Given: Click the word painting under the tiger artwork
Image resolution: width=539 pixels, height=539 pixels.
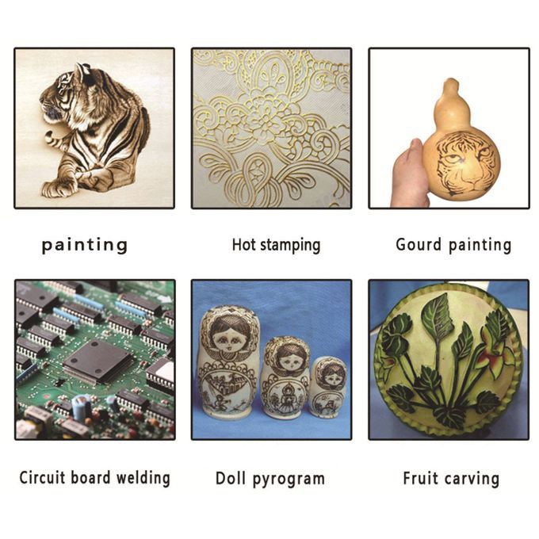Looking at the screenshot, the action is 85,246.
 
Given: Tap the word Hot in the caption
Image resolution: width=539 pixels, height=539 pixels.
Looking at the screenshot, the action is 243,245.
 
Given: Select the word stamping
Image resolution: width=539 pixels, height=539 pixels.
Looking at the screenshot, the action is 290,246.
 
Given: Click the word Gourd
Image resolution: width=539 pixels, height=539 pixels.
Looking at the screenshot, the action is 419,245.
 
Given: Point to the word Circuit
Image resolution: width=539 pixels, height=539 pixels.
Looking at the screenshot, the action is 42,477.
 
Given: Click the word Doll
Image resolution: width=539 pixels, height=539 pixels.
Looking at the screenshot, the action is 231,478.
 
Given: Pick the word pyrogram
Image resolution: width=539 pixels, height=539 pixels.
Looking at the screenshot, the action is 289,480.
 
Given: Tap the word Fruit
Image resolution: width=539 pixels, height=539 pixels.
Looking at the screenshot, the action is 420,478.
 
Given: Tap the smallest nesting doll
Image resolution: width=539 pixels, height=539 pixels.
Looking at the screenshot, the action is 327,386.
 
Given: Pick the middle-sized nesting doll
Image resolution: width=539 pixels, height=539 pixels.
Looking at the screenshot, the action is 285,377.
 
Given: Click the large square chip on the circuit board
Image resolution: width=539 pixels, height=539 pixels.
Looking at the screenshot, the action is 97,361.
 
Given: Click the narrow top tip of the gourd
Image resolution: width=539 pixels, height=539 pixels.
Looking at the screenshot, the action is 450,81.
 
